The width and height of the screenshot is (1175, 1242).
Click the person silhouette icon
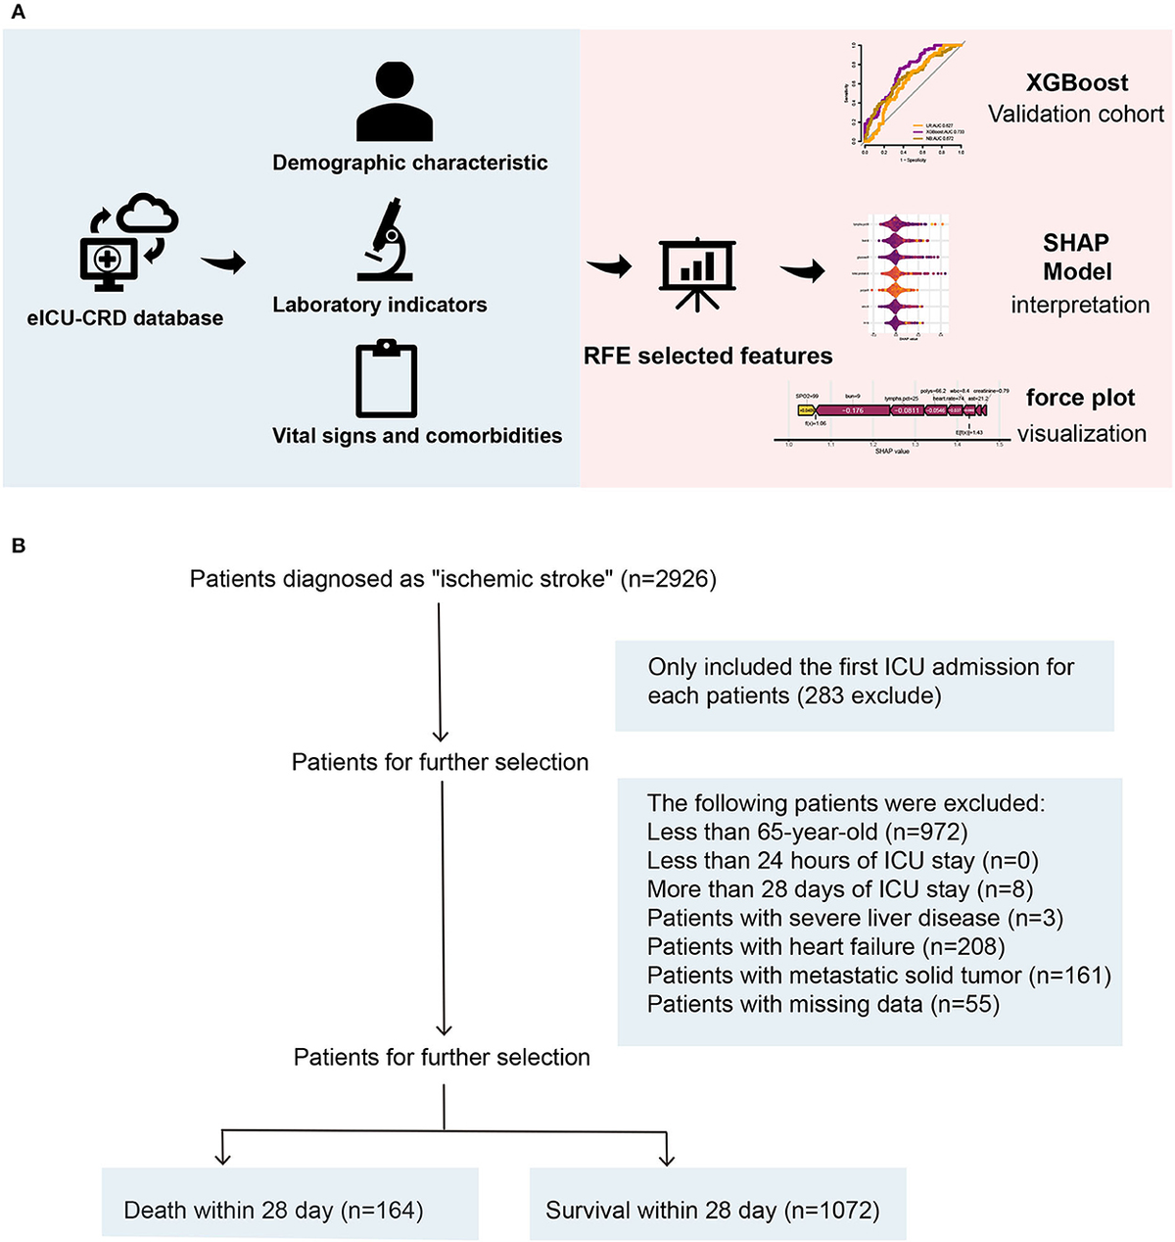click(x=395, y=103)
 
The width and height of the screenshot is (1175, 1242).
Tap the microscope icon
click(x=385, y=239)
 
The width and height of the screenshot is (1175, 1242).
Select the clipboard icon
click(x=387, y=379)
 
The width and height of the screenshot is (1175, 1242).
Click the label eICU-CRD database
click(x=125, y=318)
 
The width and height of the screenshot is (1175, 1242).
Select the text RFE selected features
click(x=708, y=356)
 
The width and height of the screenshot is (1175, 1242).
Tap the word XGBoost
click(x=1077, y=83)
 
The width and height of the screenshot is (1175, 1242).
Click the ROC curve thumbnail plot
click(x=908, y=101)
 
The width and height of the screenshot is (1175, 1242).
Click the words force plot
click(x=1080, y=398)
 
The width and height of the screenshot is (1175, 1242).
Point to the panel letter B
click(x=19, y=546)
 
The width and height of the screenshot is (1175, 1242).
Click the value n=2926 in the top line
click(x=673, y=579)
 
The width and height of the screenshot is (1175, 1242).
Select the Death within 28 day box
click(x=290, y=1204)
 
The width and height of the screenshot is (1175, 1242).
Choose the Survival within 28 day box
click(x=718, y=1204)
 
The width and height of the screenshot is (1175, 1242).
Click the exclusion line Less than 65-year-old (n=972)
click(x=807, y=833)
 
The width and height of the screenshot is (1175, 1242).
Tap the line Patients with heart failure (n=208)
click(x=825, y=946)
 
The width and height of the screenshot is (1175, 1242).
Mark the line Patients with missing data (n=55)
click(x=822, y=1004)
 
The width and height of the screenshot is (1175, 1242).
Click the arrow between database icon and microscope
click(x=223, y=262)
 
